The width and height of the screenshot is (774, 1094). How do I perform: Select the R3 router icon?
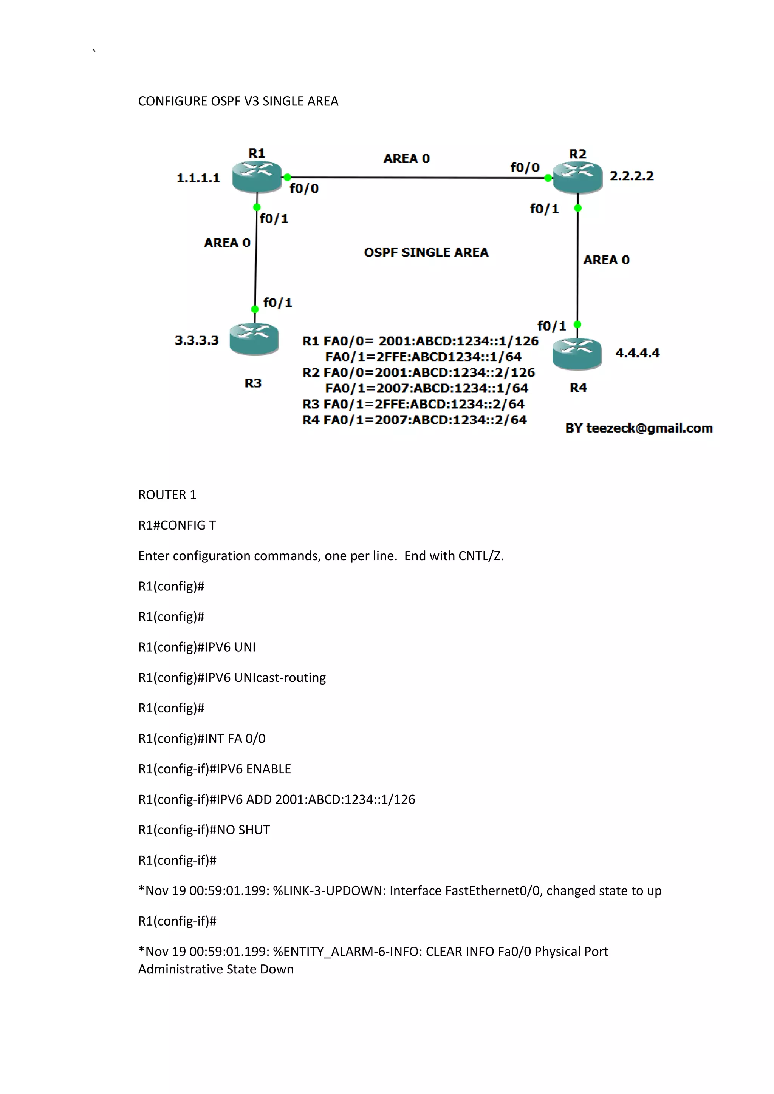pos(254,338)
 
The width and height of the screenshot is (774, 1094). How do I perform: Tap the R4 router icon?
pos(577,354)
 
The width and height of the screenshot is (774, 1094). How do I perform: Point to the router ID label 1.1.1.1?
pos(198,178)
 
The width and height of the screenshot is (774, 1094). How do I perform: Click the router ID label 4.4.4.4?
pos(637,353)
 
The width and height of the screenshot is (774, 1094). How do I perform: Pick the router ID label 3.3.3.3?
pos(197,340)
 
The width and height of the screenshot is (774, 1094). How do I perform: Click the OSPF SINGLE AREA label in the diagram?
pos(426,253)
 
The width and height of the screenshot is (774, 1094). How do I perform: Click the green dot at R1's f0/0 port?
pos(287,177)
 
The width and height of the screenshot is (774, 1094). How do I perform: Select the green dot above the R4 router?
pos(577,324)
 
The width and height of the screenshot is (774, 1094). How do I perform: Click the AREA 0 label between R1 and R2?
pos(407,158)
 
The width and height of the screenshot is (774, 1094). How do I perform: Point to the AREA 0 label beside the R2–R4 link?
pos(606,260)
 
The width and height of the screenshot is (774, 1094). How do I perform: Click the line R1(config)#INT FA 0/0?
pos(201,738)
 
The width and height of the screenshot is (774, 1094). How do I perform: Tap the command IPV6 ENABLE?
pos(254,769)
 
